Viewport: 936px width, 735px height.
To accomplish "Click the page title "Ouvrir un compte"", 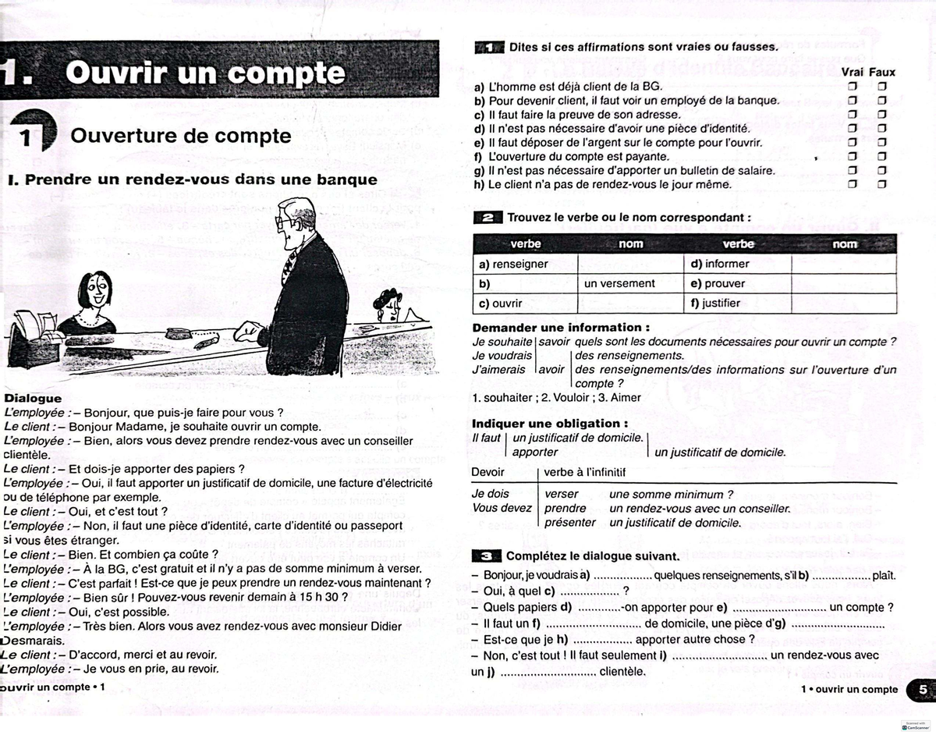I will click(x=205, y=73).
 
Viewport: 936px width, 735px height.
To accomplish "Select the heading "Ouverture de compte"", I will click(x=181, y=136).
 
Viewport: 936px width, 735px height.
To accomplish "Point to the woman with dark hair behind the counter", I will click(x=387, y=304).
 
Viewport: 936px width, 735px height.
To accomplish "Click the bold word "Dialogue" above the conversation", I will click(x=33, y=398).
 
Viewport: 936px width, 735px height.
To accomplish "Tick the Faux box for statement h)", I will click(x=882, y=185).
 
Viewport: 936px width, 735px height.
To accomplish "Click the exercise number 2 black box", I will click(x=488, y=218).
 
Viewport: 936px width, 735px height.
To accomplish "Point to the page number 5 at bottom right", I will click(x=922, y=689).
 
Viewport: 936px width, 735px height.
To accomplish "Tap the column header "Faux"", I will click(x=882, y=72).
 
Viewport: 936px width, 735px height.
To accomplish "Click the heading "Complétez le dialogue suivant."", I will click(x=593, y=556).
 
